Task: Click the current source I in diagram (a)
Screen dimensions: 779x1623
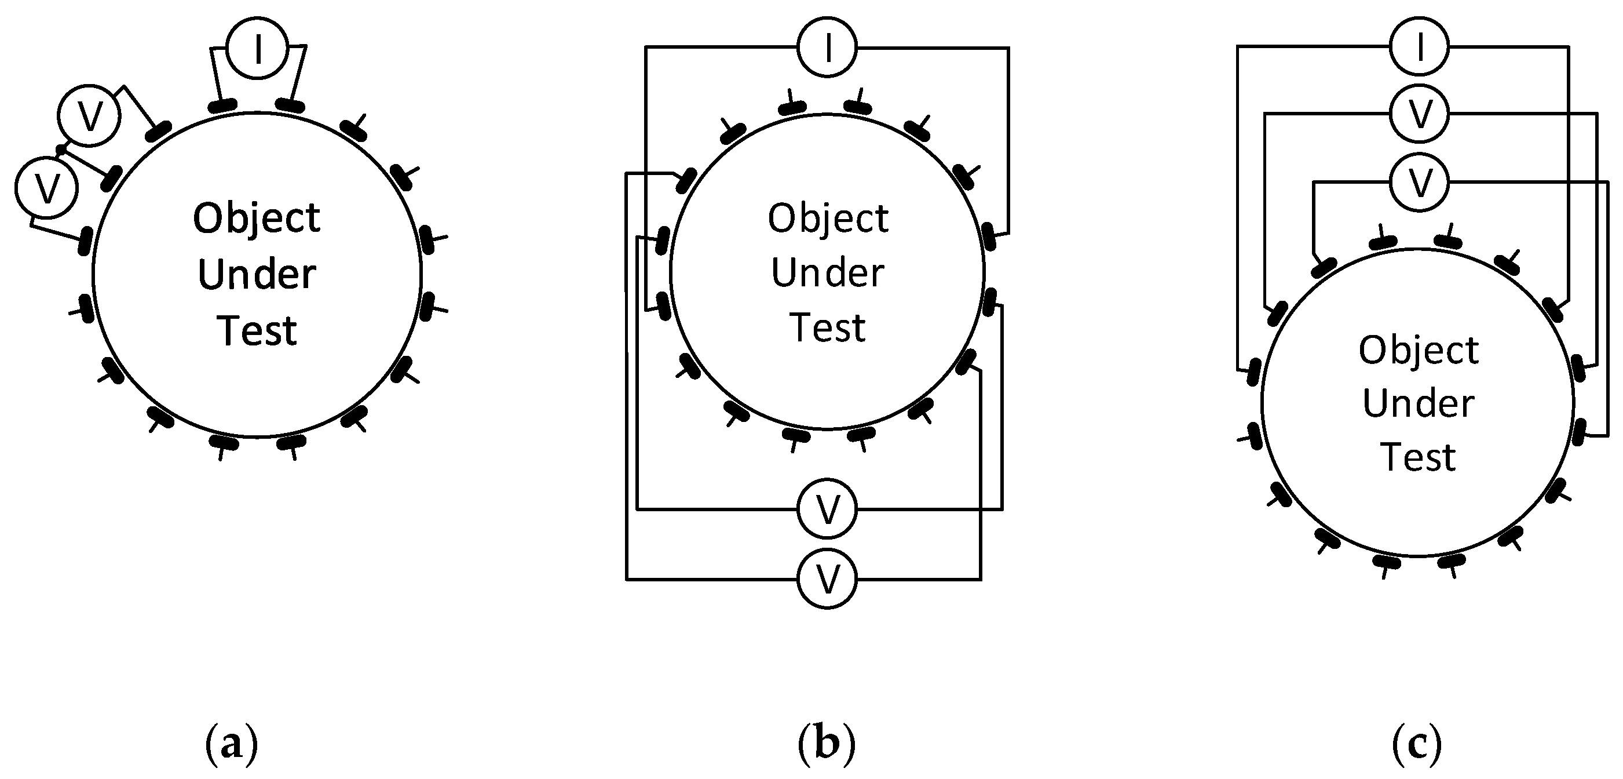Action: (257, 49)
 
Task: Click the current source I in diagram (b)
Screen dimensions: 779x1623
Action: (827, 48)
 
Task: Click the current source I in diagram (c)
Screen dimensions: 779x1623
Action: (1420, 46)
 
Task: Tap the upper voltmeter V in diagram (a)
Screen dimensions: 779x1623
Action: (89, 115)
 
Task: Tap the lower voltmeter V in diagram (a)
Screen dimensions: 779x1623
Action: (46, 188)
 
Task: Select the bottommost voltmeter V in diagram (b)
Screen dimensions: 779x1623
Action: (827, 578)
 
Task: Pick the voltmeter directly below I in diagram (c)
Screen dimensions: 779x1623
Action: (1420, 114)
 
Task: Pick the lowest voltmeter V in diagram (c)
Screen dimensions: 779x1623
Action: (1420, 182)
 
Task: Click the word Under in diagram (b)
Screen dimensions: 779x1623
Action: (827, 274)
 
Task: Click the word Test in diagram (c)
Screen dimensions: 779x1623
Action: (1417, 457)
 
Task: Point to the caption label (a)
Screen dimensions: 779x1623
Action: (232, 744)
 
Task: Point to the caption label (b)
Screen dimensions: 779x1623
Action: (827, 744)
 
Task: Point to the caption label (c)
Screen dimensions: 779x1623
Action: (1417, 744)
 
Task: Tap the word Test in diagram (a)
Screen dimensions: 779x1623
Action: (257, 331)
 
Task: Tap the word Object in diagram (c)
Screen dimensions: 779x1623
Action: (1418, 351)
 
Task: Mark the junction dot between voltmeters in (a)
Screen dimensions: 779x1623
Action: (60, 150)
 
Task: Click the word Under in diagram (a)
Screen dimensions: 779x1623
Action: (257, 275)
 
